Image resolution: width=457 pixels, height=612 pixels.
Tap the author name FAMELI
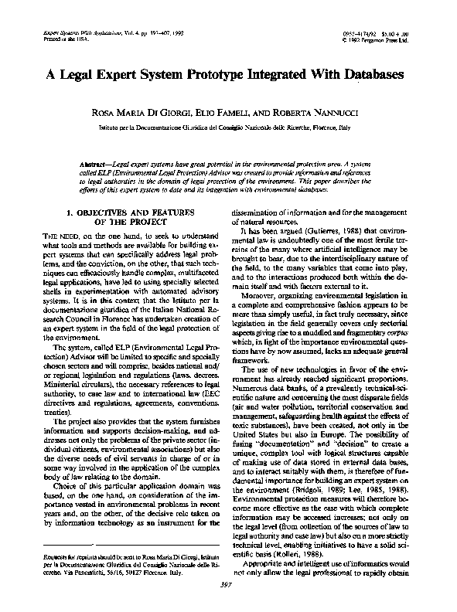234,112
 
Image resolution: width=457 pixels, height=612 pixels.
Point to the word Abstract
96,165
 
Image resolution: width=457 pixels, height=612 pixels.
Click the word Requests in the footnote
43,556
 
